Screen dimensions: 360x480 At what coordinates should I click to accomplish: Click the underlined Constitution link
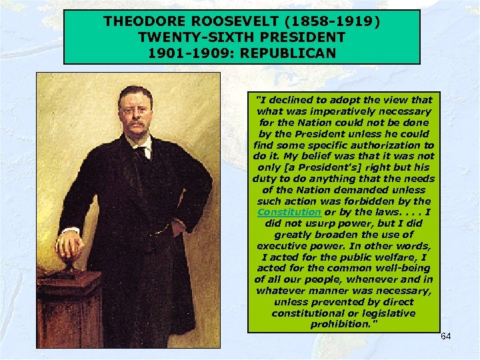click(x=289, y=212)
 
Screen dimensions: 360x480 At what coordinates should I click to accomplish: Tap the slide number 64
click(x=445, y=336)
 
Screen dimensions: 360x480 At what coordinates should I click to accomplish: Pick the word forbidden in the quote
click(x=383, y=201)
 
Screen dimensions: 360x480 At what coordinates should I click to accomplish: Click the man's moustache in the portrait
click(x=137, y=124)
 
